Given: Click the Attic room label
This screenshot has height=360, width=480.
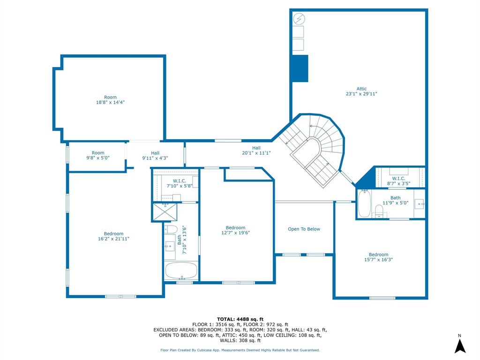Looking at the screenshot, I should tap(361, 89).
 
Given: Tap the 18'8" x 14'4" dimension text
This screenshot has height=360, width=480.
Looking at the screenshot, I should tap(110, 102).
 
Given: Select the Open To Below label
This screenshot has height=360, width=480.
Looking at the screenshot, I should tap(304, 229).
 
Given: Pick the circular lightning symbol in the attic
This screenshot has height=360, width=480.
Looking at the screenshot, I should tap(298, 19).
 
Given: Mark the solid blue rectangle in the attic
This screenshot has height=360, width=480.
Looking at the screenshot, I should tap(300, 68).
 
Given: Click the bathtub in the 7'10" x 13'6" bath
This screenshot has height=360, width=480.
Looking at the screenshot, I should tap(181, 271).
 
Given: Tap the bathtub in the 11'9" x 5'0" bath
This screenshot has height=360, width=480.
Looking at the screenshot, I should tap(364, 204).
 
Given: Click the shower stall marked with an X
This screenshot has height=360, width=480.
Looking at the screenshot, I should tap(165, 212).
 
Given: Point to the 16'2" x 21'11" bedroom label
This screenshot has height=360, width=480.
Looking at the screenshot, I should tap(113, 236).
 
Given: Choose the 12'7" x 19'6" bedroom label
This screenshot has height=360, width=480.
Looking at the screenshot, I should tap(235, 230).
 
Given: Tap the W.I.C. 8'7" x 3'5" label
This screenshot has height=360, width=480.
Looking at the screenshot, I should tap(398, 181).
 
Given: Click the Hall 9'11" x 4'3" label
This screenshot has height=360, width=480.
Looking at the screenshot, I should tap(155, 156).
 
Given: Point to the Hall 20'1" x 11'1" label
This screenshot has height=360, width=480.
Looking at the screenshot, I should tap(256, 150).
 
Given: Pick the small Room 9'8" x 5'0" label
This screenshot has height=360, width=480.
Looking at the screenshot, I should tap(97, 155).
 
